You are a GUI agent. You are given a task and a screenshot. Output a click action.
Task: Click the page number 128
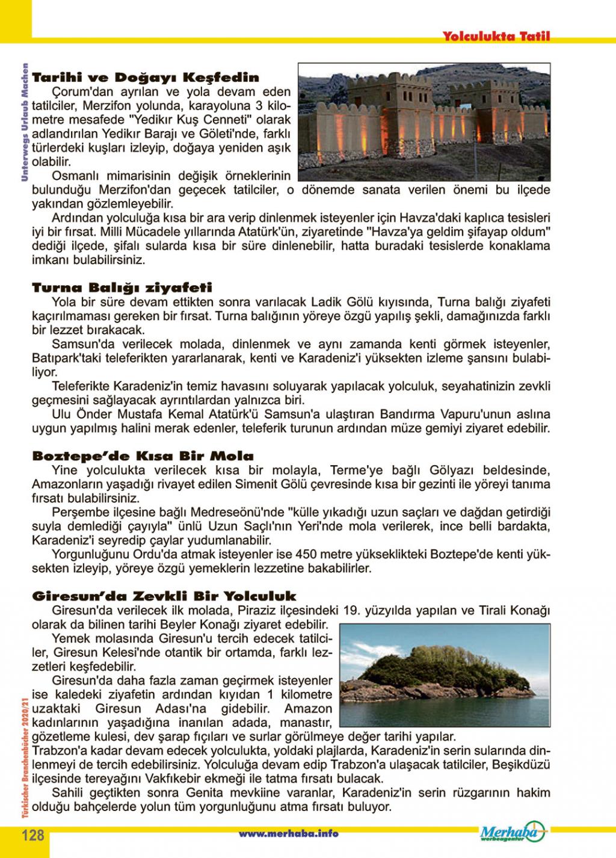pos(33,835)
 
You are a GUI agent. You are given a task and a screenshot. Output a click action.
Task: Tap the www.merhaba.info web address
pos(288,833)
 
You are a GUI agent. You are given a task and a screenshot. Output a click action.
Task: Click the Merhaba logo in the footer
pos(512,832)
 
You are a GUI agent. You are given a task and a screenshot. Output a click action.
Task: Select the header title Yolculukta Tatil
pos(496,36)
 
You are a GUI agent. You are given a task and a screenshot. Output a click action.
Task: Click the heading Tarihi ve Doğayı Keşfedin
pos(146,78)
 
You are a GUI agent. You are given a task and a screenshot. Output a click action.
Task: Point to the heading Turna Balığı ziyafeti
pos(122,288)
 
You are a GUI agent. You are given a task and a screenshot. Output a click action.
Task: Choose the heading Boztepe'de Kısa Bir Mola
pos(143,455)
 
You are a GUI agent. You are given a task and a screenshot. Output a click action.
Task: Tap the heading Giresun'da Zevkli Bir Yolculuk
pos(164,596)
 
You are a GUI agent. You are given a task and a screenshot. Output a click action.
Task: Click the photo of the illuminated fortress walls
pos(423,120)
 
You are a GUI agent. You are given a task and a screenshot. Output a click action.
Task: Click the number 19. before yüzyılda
pos(351,611)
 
